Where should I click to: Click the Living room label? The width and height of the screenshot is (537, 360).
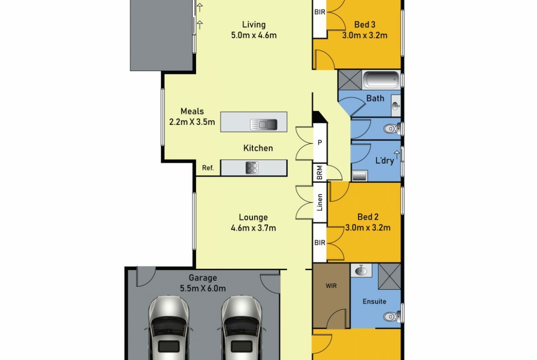point(254,25)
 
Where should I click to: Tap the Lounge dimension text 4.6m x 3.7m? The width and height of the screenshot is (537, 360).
point(253,228)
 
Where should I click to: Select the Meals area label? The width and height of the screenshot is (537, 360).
point(192,111)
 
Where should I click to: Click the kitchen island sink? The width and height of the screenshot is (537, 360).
point(263,125)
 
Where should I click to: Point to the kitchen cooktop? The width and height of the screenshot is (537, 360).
point(252,168)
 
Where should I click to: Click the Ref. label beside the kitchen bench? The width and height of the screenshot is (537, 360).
point(208,168)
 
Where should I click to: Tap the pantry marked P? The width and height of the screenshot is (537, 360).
point(320,142)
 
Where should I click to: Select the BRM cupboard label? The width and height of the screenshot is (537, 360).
point(319,173)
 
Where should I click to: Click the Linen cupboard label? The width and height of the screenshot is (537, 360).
point(320,202)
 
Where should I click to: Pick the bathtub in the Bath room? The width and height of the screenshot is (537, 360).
point(381,80)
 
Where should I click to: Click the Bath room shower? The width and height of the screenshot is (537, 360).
point(350,80)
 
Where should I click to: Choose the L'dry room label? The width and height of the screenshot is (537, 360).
point(385,161)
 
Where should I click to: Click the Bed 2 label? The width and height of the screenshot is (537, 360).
point(368,217)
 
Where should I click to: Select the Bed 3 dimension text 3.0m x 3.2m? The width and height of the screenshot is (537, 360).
point(365,35)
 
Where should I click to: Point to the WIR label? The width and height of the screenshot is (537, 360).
point(331,286)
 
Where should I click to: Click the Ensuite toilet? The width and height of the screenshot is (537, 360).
point(392,316)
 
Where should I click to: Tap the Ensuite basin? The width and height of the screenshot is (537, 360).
point(361,270)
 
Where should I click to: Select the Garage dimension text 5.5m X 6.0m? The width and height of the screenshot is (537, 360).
point(203,288)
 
